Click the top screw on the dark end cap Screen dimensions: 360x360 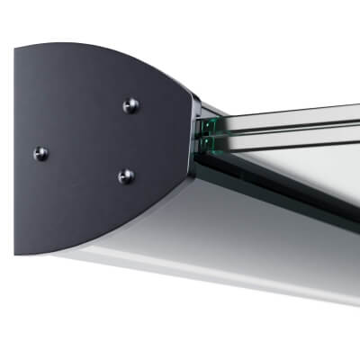[130, 105]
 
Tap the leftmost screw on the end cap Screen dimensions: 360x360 [41, 153]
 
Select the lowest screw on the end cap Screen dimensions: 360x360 [126, 175]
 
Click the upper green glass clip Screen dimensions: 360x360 [211, 125]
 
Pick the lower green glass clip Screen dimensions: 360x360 [210, 141]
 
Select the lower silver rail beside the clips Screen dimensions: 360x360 [288, 135]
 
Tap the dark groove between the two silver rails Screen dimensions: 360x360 [288, 124]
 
